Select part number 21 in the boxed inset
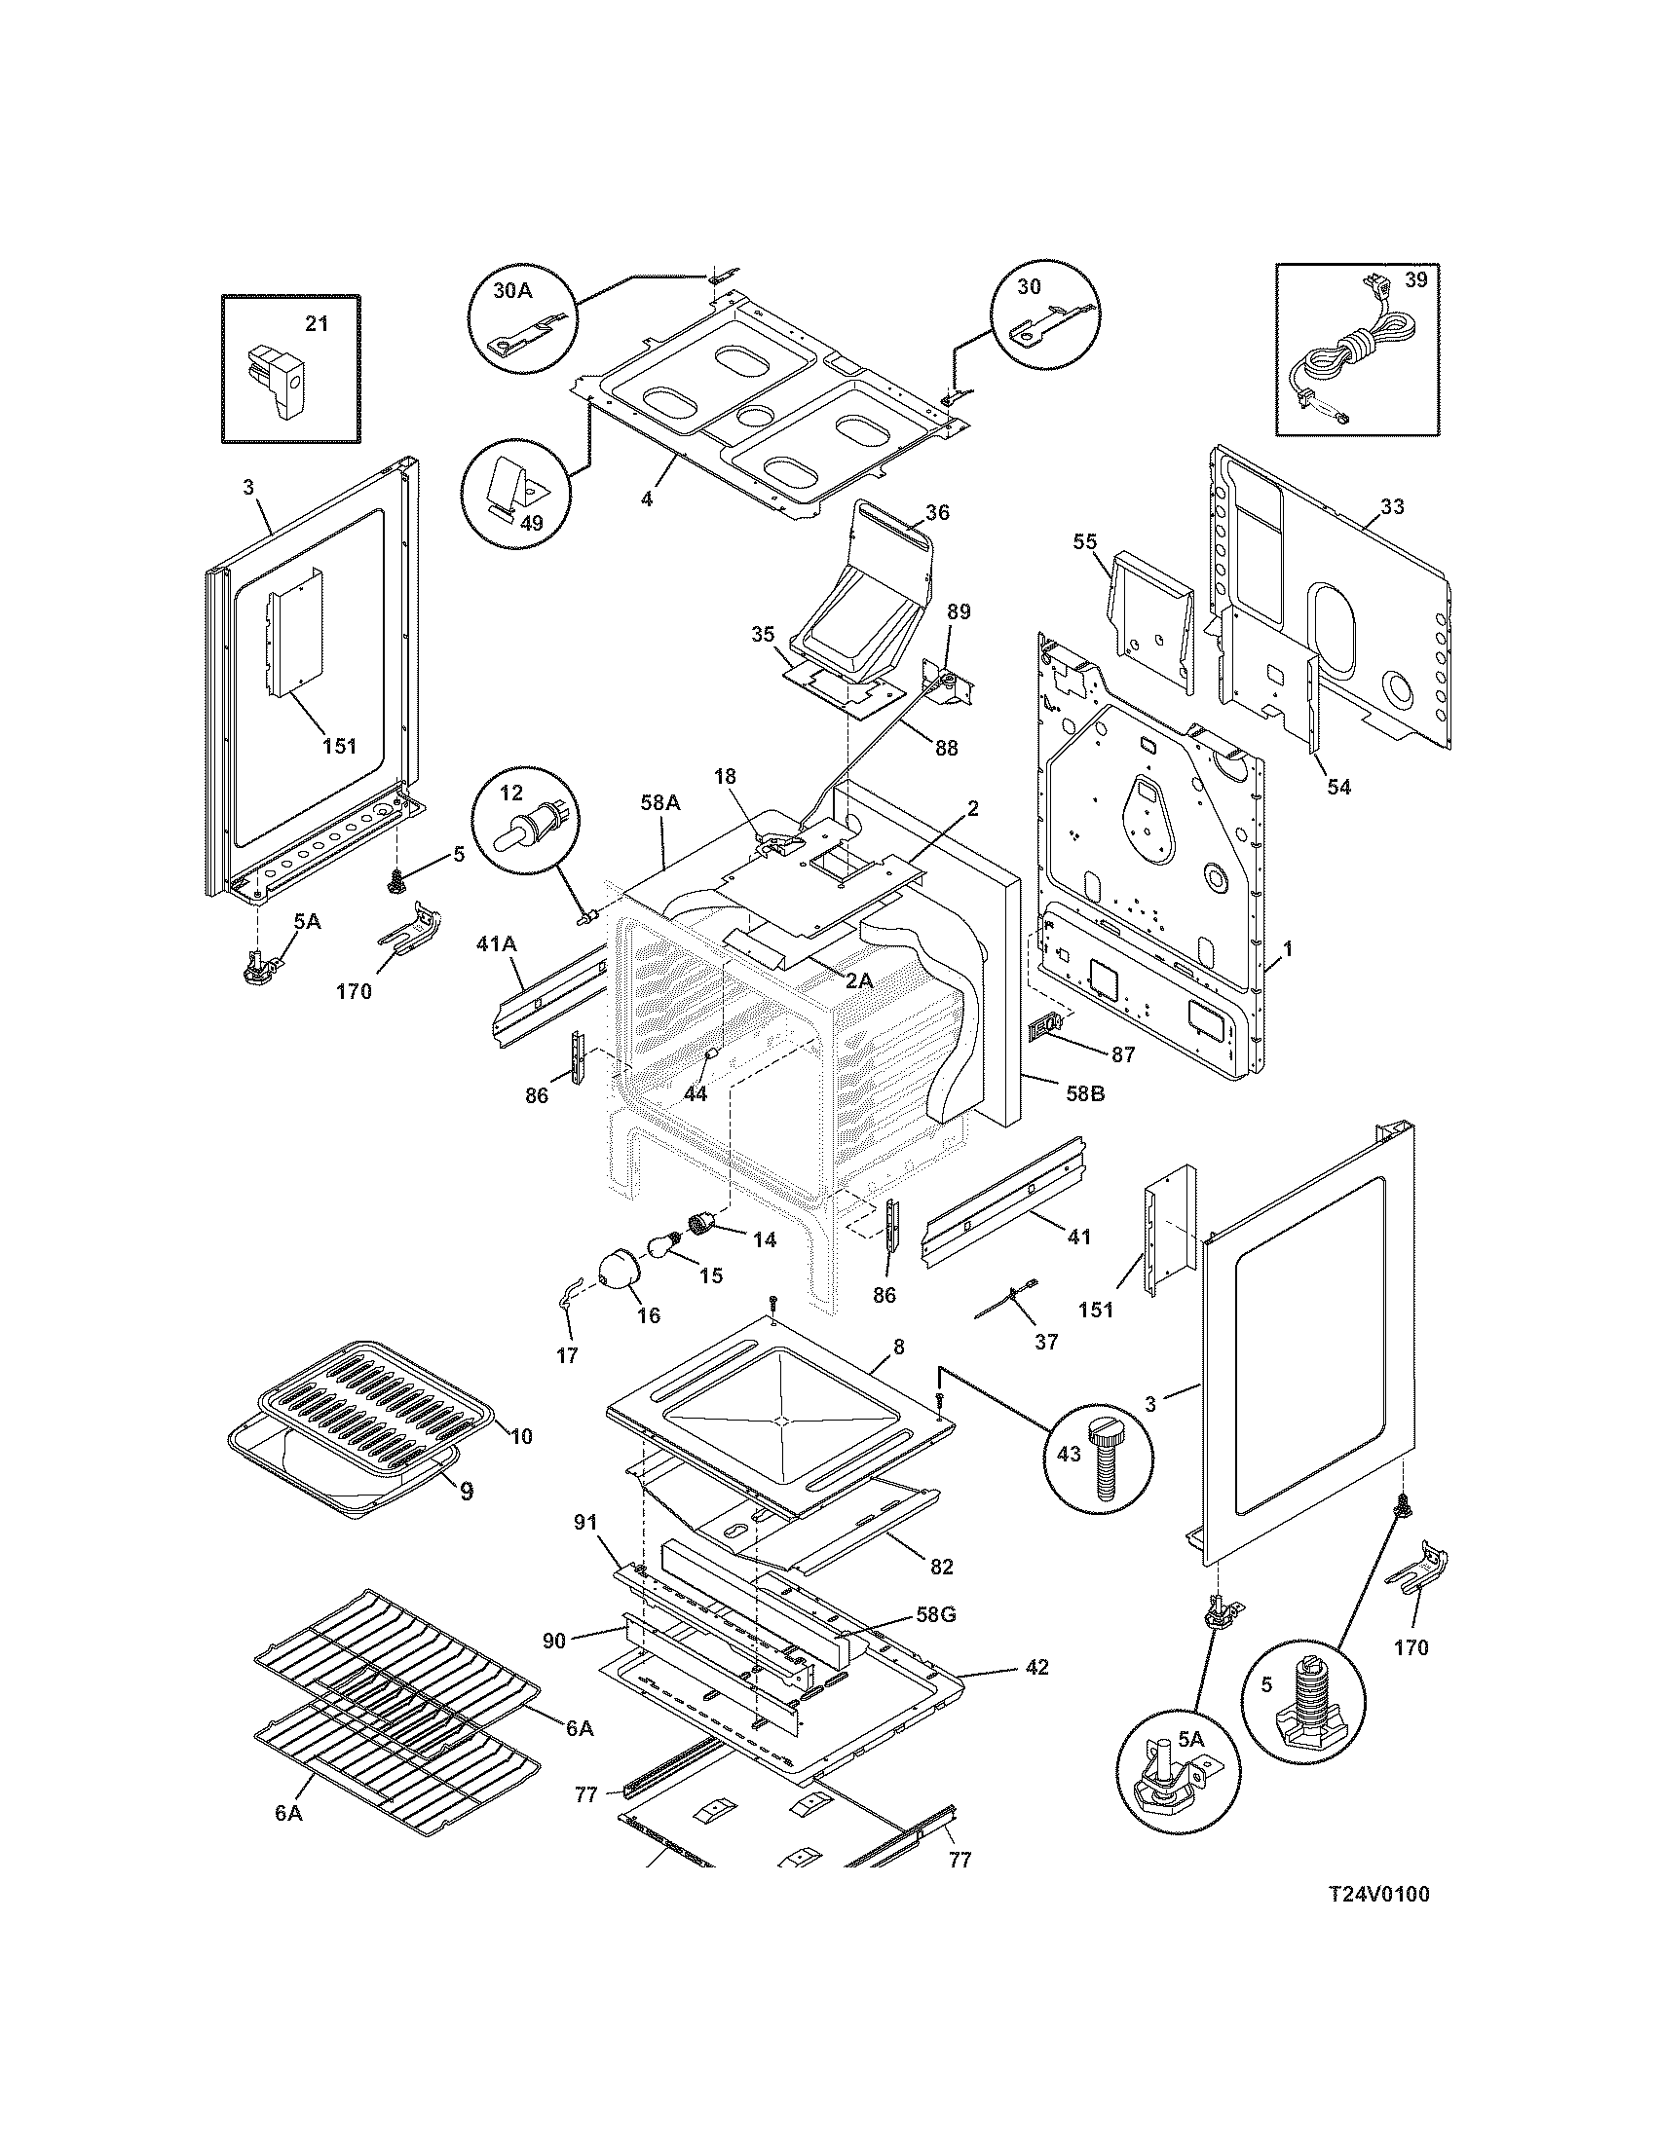315,323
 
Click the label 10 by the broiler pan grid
521,1436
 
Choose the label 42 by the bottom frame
1037,1666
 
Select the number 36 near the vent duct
937,512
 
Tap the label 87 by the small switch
1122,1054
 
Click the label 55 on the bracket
1085,541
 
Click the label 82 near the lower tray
941,1567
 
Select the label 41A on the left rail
497,943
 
